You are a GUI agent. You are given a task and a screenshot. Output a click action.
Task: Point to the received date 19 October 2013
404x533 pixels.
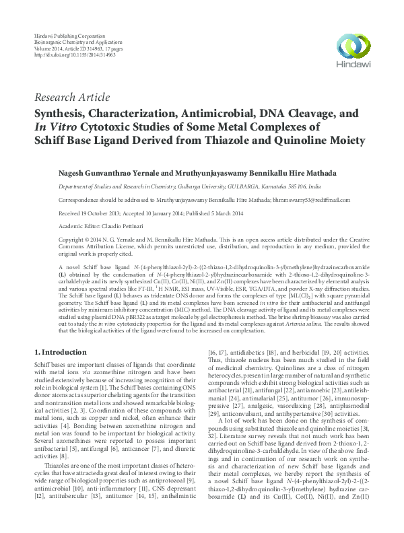click(x=99, y=213)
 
